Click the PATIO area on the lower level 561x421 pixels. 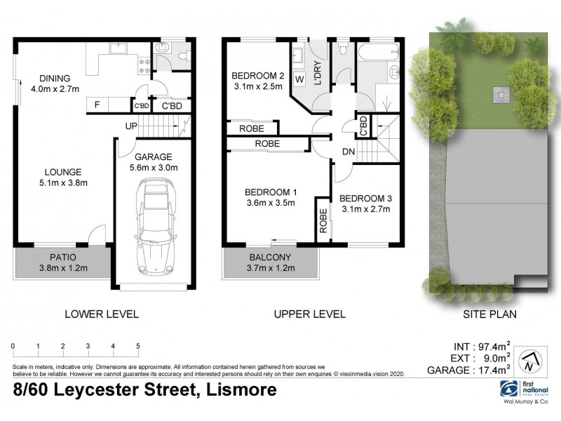pos(61,262)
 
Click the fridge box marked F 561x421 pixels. pos(97,106)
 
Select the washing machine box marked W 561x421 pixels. pos(299,78)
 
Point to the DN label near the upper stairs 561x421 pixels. pos(349,152)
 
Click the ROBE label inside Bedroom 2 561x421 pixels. pos(251,128)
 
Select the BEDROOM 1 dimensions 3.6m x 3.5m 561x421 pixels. pos(270,203)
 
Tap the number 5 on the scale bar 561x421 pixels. pos(138,347)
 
